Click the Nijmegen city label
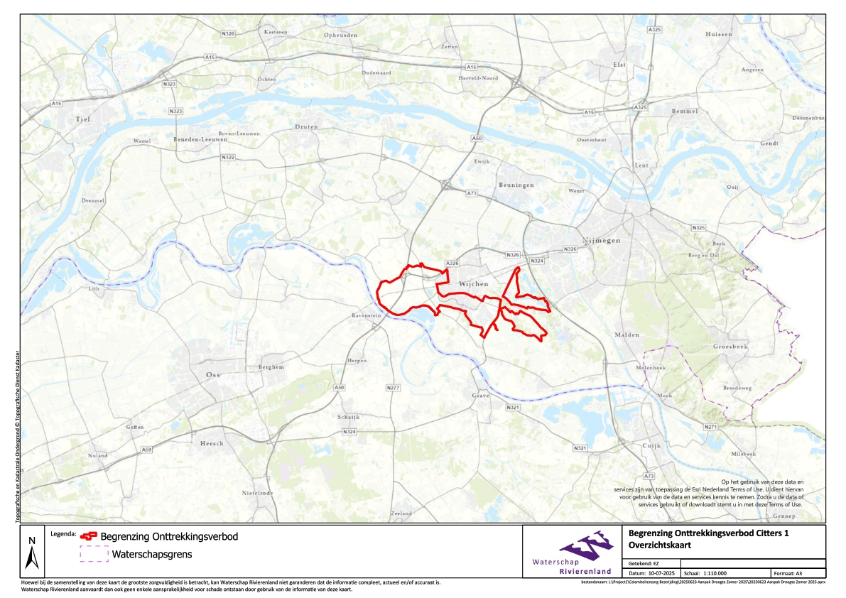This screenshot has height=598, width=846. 601,240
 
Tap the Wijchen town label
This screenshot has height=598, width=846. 474,283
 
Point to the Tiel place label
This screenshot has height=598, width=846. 84,119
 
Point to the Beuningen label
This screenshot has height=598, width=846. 516,185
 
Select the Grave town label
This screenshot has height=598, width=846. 481,395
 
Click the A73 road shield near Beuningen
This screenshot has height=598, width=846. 472,193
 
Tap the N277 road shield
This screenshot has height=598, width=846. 394,388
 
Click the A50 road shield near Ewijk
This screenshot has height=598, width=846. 477,138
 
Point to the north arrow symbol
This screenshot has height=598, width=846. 31,554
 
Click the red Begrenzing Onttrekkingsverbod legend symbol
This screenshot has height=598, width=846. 89,537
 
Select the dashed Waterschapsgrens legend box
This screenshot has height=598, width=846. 94,554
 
